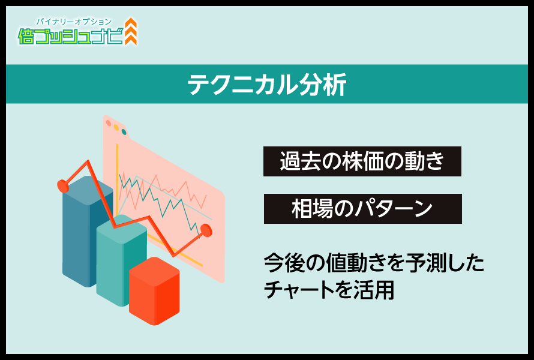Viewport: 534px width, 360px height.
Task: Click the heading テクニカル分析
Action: tap(267, 84)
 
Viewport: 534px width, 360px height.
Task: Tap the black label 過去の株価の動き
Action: tap(362, 161)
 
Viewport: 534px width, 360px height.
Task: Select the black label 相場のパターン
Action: tap(362, 209)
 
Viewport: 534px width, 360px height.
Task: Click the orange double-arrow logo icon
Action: tap(131, 31)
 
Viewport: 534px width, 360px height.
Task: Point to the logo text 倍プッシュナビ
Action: tap(70, 36)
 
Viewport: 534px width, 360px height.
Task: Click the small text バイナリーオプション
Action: tap(74, 22)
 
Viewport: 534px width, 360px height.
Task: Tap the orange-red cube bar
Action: tap(154, 291)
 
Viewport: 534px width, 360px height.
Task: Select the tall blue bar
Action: tap(88, 231)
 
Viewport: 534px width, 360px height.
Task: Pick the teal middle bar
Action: tap(122, 260)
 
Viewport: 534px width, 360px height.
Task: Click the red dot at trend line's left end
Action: tap(63, 186)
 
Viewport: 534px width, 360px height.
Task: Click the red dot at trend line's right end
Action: tap(206, 230)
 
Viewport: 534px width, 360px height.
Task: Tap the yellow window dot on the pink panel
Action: tap(116, 127)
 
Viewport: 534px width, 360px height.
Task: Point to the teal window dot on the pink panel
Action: tap(124, 132)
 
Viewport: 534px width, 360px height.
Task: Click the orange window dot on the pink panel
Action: tap(109, 123)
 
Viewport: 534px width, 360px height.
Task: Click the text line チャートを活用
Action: tap(329, 290)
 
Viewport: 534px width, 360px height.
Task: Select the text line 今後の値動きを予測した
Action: tap(374, 263)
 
